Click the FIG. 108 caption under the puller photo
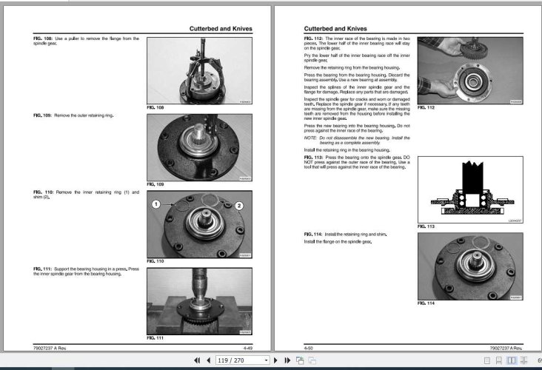[x=155, y=108]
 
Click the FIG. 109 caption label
[x=155, y=184]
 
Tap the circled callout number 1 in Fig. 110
[x=156, y=203]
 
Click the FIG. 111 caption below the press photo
[x=155, y=337]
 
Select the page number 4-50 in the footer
[x=310, y=346]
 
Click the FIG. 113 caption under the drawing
[x=426, y=226]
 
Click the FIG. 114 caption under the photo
[x=426, y=303]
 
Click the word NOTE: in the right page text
[x=310, y=137]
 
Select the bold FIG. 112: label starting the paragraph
[x=314, y=37]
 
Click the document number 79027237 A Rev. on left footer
[x=51, y=346]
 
